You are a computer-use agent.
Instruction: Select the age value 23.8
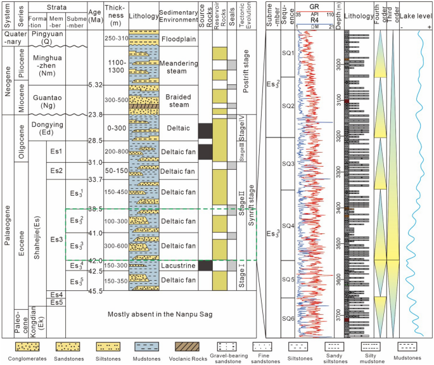pos(97,115)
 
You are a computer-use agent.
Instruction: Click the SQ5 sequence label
pos(288,279)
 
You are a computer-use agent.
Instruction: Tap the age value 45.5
pos(97,291)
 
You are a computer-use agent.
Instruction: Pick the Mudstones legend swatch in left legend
pos(148,347)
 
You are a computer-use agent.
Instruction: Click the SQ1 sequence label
pos(288,54)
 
